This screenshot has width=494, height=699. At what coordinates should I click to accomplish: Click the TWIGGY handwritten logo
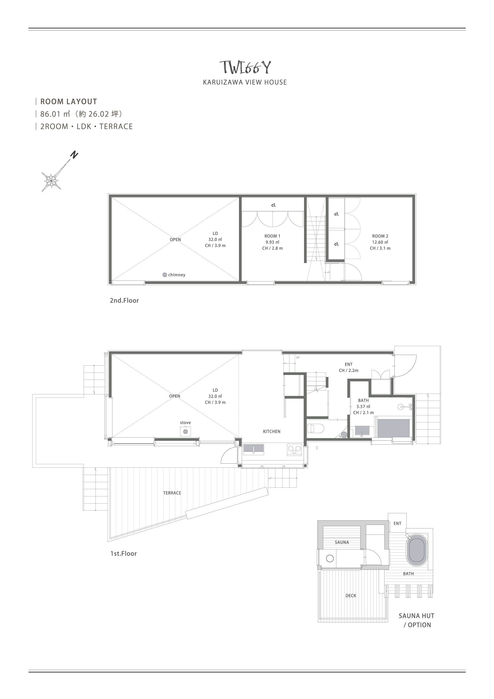(x=245, y=67)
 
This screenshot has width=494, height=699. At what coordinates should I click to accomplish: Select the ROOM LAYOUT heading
(x=69, y=101)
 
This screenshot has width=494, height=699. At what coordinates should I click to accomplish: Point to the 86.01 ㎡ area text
(x=55, y=114)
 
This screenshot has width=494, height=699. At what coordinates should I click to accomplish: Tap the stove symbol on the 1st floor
(x=185, y=432)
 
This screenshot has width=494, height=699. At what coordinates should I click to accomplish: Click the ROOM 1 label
(x=272, y=236)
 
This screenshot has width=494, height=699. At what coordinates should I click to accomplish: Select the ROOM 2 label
(x=380, y=236)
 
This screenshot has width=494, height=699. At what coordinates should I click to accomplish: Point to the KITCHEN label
(x=272, y=432)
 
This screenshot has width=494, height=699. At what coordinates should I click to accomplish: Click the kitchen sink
(x=254, y=449)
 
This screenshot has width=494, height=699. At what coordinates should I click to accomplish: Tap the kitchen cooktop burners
(x=294, y=450)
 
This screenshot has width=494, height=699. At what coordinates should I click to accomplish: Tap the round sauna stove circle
(x=330, y=558)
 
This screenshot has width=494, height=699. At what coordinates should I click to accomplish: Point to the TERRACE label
(x=172, y=493)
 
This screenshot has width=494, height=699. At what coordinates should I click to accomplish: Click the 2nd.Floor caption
(x=124, y=301)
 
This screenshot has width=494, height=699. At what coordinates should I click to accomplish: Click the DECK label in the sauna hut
(x=351, y=596)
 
